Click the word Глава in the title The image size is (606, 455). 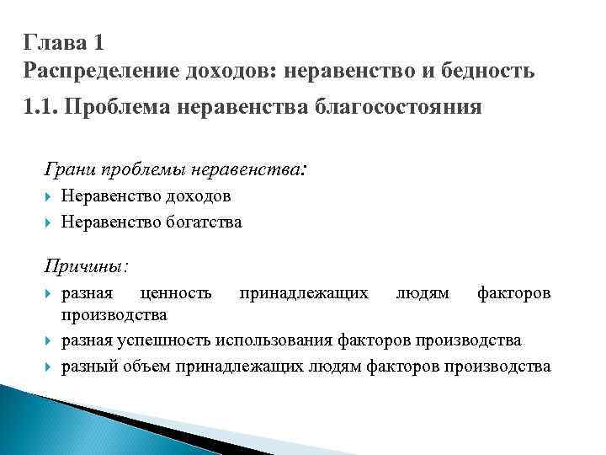tap(52, 41)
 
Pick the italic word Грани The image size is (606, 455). tap(70, 169)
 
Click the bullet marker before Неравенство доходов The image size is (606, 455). tap(50, 196)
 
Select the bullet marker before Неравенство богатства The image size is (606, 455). tap(50, 223)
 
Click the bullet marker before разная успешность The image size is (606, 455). tap(50, 341)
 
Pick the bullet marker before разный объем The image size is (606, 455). tap(50, 367)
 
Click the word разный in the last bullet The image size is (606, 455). tap(86, 367)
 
